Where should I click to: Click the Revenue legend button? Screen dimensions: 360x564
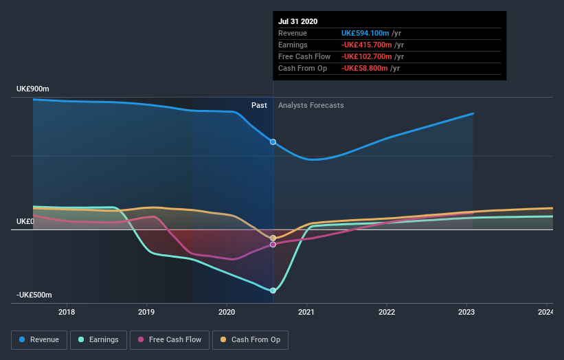click(x=39, y=339)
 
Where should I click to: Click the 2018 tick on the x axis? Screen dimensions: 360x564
click(x=67, y=313)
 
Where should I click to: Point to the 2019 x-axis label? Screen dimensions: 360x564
click(x=146, y=313)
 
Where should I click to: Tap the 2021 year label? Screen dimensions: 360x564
click(x=306, y=313)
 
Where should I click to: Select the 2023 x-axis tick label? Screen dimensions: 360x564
click(x=466, y=313)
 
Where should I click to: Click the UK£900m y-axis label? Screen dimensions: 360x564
click(x=33, y=89)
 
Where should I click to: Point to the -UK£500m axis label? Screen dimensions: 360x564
click(x=34, y=295)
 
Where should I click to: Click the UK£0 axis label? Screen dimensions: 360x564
click(x=25, y=221)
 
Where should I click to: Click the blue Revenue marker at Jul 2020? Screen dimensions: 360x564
click(x=273, y=142)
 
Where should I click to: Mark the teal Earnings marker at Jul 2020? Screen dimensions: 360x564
click(x=273, y=291)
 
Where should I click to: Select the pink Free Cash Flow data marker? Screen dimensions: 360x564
click(x=273, y=245)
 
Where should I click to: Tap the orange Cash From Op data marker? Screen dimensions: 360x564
click(x=273, y=238)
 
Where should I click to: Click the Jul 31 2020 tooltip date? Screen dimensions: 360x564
click(x=297, y=21)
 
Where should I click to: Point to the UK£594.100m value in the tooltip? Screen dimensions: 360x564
click(x=366, y=33)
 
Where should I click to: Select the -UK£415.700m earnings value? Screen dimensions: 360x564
click(x=366, y=45)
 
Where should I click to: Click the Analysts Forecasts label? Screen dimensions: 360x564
click(x=311, y=105)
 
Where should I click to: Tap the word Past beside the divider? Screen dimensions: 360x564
click(x=259, y=105)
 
